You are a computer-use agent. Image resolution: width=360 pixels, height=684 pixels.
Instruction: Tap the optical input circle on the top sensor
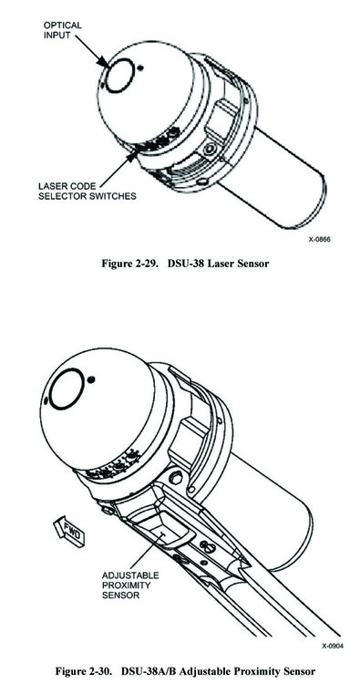pyautogui.click(x=118, y=75)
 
